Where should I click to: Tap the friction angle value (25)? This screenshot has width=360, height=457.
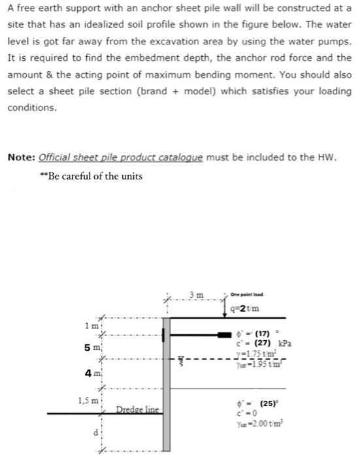pyautogui.click(x=266, y=402)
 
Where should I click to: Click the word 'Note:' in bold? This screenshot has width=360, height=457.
pyautogui.click(x=21, y=157)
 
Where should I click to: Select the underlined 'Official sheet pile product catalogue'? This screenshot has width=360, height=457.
pyautogui.click(x=121, y=157)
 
